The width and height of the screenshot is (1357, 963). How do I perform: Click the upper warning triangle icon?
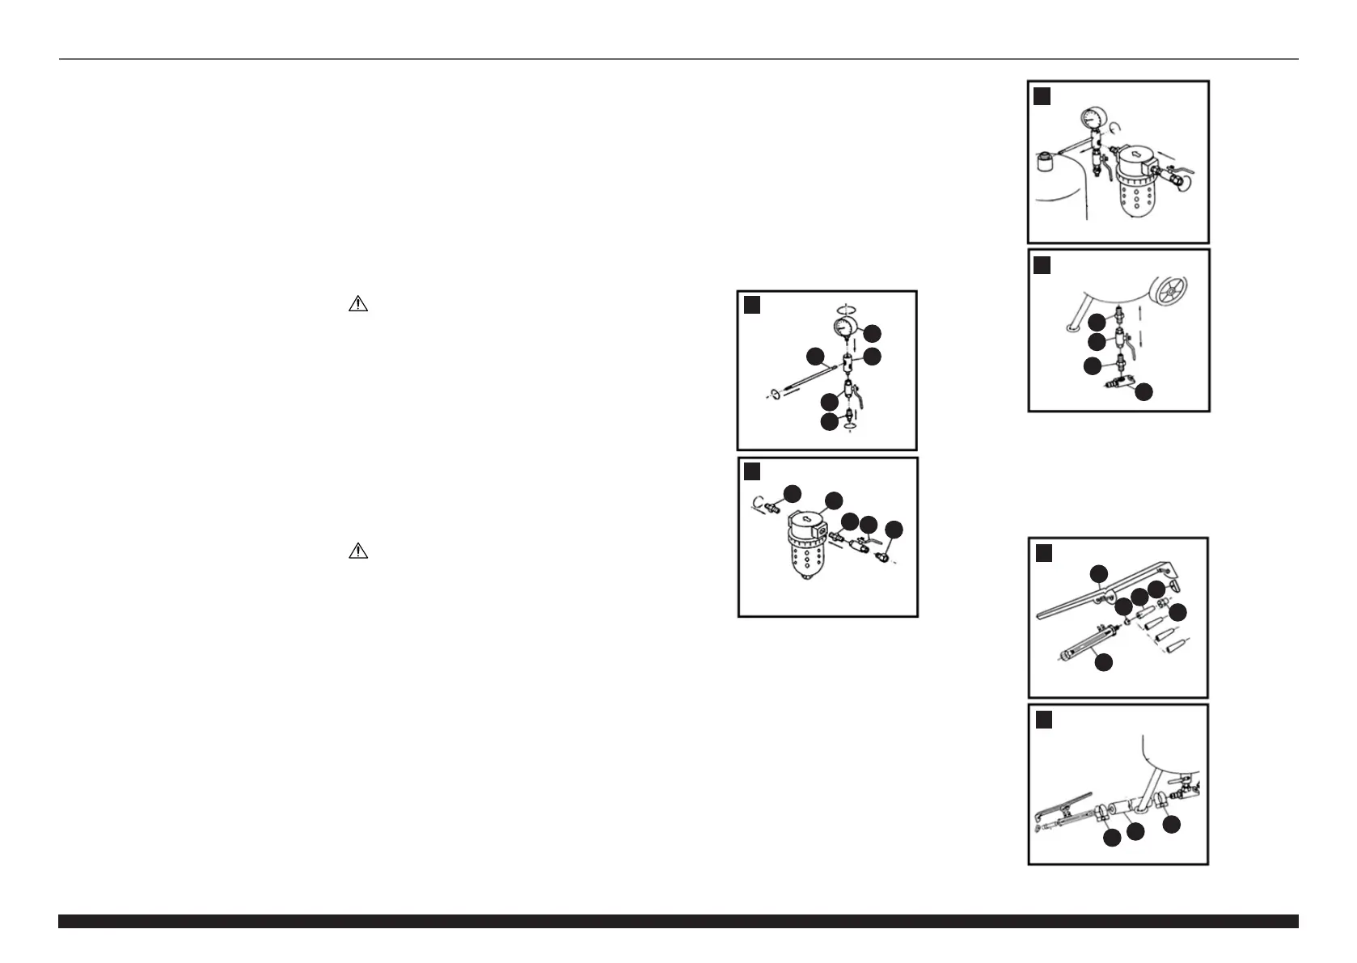(357, 305)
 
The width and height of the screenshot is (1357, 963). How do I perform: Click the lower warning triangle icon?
(357, 552)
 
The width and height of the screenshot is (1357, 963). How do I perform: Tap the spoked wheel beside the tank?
(1175, 292)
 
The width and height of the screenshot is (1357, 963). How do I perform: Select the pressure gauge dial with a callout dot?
(845, 327)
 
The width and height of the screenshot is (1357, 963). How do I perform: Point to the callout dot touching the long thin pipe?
(815, 356)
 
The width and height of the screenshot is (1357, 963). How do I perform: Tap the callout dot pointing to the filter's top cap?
(833, 501)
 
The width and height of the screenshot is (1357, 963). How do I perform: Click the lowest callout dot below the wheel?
(1144, 392)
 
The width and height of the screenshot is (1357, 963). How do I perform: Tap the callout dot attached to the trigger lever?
(1098, 574)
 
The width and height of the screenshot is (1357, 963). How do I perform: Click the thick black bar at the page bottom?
(678, 921)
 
